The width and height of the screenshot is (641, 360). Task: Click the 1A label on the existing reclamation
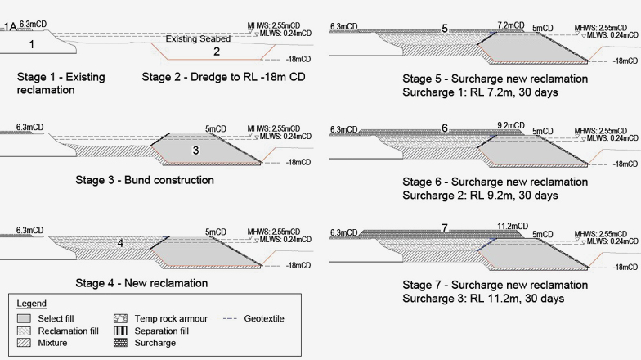11,27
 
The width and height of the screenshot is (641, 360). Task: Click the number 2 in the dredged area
217,52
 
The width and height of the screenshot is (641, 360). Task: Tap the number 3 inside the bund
195,151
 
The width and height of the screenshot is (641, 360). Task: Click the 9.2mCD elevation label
513,127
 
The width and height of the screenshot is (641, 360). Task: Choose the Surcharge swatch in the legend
120,342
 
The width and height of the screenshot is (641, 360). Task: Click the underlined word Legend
31,303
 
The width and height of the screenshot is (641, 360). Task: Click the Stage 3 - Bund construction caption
115,180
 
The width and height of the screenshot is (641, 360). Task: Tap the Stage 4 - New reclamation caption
112,283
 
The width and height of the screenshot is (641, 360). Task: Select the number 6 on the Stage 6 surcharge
445,128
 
